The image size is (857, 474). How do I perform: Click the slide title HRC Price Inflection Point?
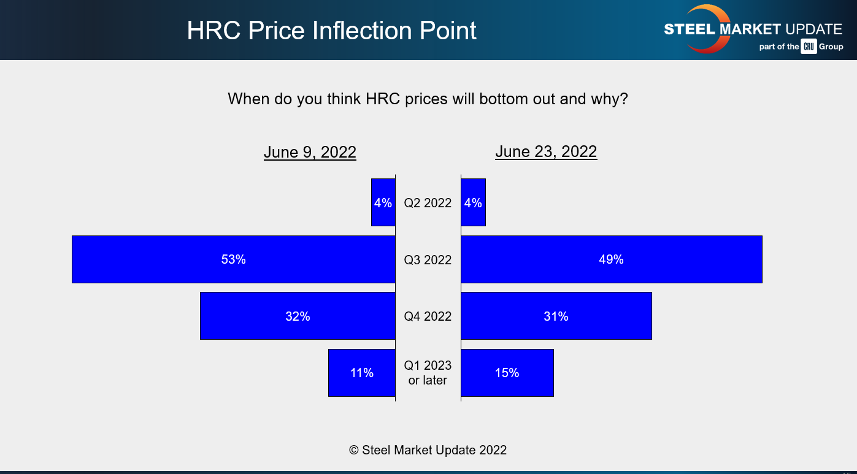tap(331, 31)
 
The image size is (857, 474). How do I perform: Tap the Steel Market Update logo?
tap(753, 29)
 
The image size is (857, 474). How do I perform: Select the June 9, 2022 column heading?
tap(310, 152)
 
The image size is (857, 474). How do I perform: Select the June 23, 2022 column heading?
tap(546, 151)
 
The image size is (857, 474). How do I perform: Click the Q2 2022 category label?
tap(428, 203)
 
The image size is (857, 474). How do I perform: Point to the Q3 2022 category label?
tap(428, 260)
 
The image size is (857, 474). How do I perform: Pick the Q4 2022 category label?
tap(428, 316)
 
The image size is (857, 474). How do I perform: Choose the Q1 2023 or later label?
tap(428, 373)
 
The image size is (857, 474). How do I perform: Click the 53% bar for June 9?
tap(233, 259)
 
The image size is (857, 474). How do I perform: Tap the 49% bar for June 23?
tap(611, 259)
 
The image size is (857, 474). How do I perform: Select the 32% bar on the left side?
tap(298, 316)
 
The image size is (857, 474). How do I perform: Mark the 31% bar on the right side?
tap(556, 316)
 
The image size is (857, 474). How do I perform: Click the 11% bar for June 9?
tap(361, 373)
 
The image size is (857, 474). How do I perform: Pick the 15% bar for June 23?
tap(507, 373)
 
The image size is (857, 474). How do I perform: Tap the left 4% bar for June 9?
tap(383, 203)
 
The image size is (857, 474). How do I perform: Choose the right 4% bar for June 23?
tap(473, 203)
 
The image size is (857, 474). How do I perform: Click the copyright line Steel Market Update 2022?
tap(428, 450)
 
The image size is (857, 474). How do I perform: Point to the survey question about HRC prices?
tap(428, 99)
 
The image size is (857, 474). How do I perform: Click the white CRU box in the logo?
tap(809, 47)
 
